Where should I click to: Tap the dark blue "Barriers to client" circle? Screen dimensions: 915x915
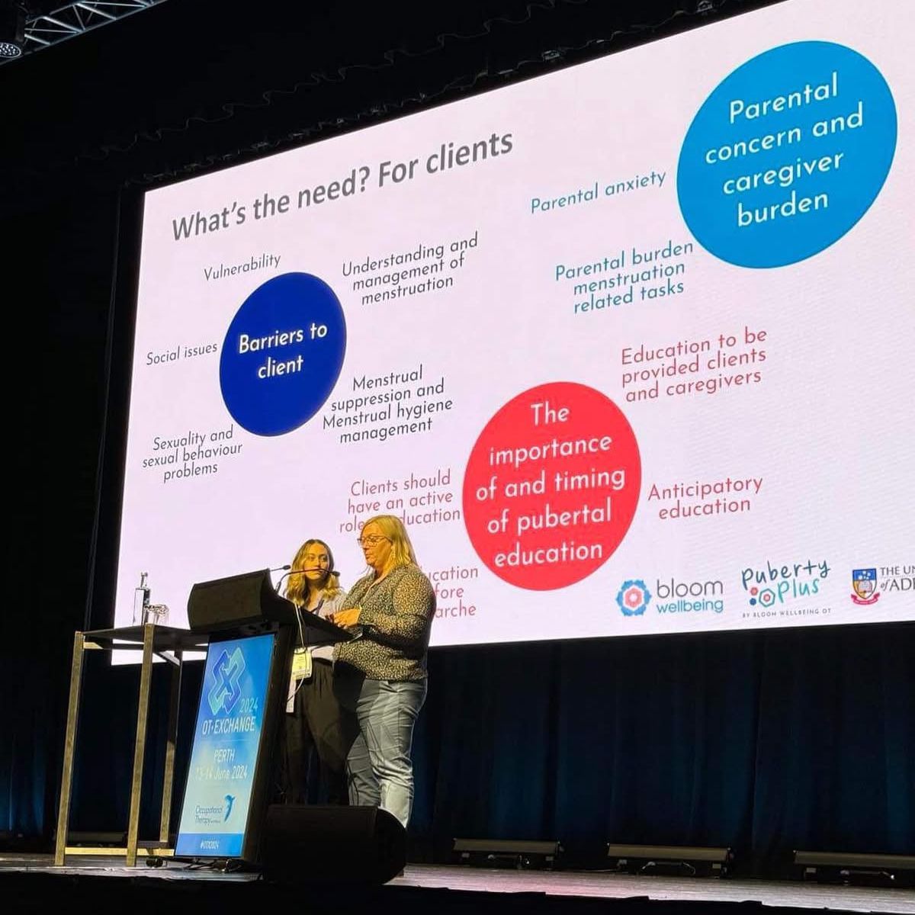pyautogui.click(x=282, y=353)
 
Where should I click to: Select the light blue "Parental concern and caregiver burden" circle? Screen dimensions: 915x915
pyautogui.click(x=786, y=153)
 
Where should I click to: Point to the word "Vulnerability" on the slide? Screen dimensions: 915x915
pyautogui.click(x=242, y=265)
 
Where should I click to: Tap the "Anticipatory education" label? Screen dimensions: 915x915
pyautogui.click(x=705, y=497)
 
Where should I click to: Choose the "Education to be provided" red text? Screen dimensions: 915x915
pyautogui.click(x=693, y=367)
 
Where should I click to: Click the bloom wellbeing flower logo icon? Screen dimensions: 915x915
pyautogui.click(x=633, y=597)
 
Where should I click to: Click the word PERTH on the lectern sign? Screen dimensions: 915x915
pyautogui.click(x=224, y=756)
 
